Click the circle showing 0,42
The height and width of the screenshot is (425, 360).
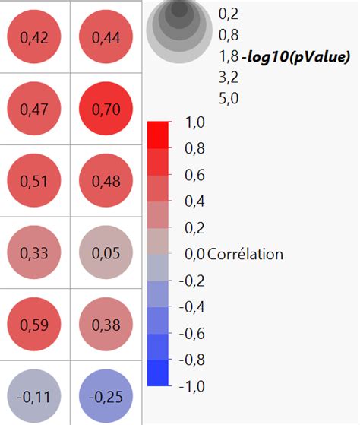click(34, 37)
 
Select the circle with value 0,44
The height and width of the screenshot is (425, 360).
click(106, 37)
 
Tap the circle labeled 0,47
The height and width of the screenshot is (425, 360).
click(34, 109)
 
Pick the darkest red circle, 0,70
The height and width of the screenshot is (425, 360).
click(106, 109)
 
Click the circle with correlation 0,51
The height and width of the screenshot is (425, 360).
click(34, 182)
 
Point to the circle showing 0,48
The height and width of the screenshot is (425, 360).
click(106, 182)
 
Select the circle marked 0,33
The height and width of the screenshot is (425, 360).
click(34, 253)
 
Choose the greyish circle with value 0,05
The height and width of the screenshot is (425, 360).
click(106, 253)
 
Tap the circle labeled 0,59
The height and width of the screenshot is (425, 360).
click(34, 325)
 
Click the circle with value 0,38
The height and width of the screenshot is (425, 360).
click(106, 325)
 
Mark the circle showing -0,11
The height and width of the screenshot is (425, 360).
click(34, 397)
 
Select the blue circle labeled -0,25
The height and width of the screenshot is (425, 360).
click(106, 397)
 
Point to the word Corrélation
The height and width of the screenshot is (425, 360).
click(245, 254)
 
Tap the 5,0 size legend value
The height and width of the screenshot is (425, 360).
click(229, 97)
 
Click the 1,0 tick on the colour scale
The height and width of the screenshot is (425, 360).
click(194, 122)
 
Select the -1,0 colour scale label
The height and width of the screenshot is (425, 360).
click(191, 385)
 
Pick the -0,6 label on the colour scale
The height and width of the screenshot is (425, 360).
click(191, 333)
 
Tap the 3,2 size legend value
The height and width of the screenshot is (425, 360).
click(229, 76)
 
